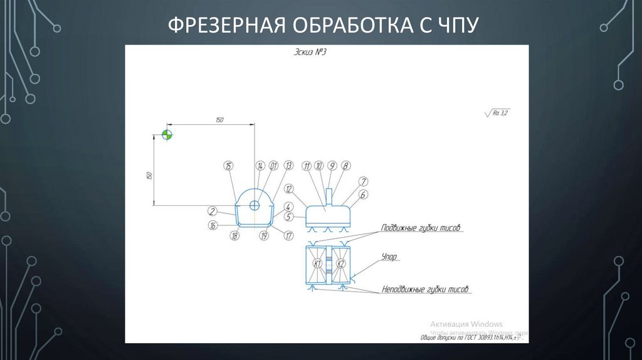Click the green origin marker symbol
click(x=167, y=134)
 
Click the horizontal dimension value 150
click(x=219, y=119)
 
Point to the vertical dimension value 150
click(x=149, y=176)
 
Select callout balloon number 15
click(x=228, y=166)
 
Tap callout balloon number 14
click(x=260, y=166)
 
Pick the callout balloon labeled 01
click(x=274, y=166)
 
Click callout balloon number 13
click(x=288, y=166)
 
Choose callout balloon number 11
click(x=307, y=166)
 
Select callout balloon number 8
click(x=345, y=166)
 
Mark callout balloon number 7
click(x=363, y=182)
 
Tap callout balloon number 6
click(x=363, y=195)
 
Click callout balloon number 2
click(x=213, y=211)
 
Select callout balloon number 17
click(x=289, y=236)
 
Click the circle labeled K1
click(x=318, y=263)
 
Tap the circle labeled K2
click(x=340, y=263)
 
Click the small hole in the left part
click(x=255, y=206)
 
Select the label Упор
click(x=390, y=257)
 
